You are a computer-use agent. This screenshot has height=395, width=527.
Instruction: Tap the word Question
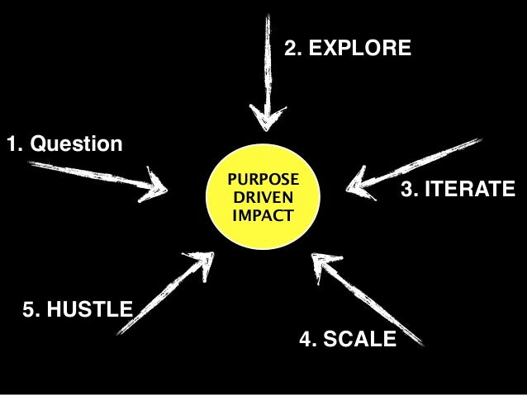76,145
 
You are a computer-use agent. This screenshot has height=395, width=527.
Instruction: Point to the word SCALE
358,339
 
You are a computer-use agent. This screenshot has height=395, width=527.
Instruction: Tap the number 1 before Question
13,145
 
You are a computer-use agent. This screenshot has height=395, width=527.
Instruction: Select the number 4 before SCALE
306,339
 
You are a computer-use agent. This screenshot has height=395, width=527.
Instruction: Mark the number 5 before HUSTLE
31,310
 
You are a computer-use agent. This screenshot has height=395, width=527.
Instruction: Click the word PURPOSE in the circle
263,180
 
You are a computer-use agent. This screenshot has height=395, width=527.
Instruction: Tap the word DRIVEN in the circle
263,199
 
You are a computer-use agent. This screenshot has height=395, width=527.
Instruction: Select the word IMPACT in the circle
263,217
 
